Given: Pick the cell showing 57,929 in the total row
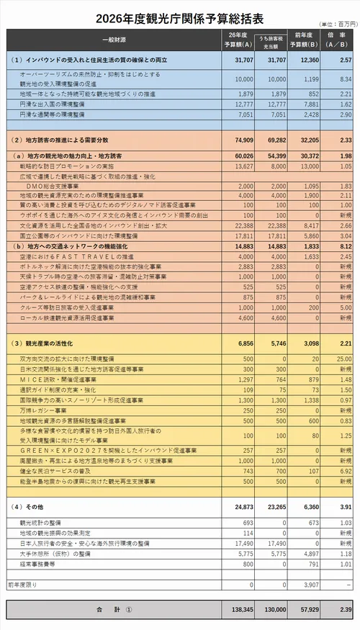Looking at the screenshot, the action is (309, 611).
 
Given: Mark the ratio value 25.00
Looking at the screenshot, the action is (342, 359).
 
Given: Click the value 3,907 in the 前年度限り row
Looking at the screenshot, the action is (310, 585).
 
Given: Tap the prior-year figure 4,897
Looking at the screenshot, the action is (310, 554).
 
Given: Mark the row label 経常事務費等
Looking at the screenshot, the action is (36, 564).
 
